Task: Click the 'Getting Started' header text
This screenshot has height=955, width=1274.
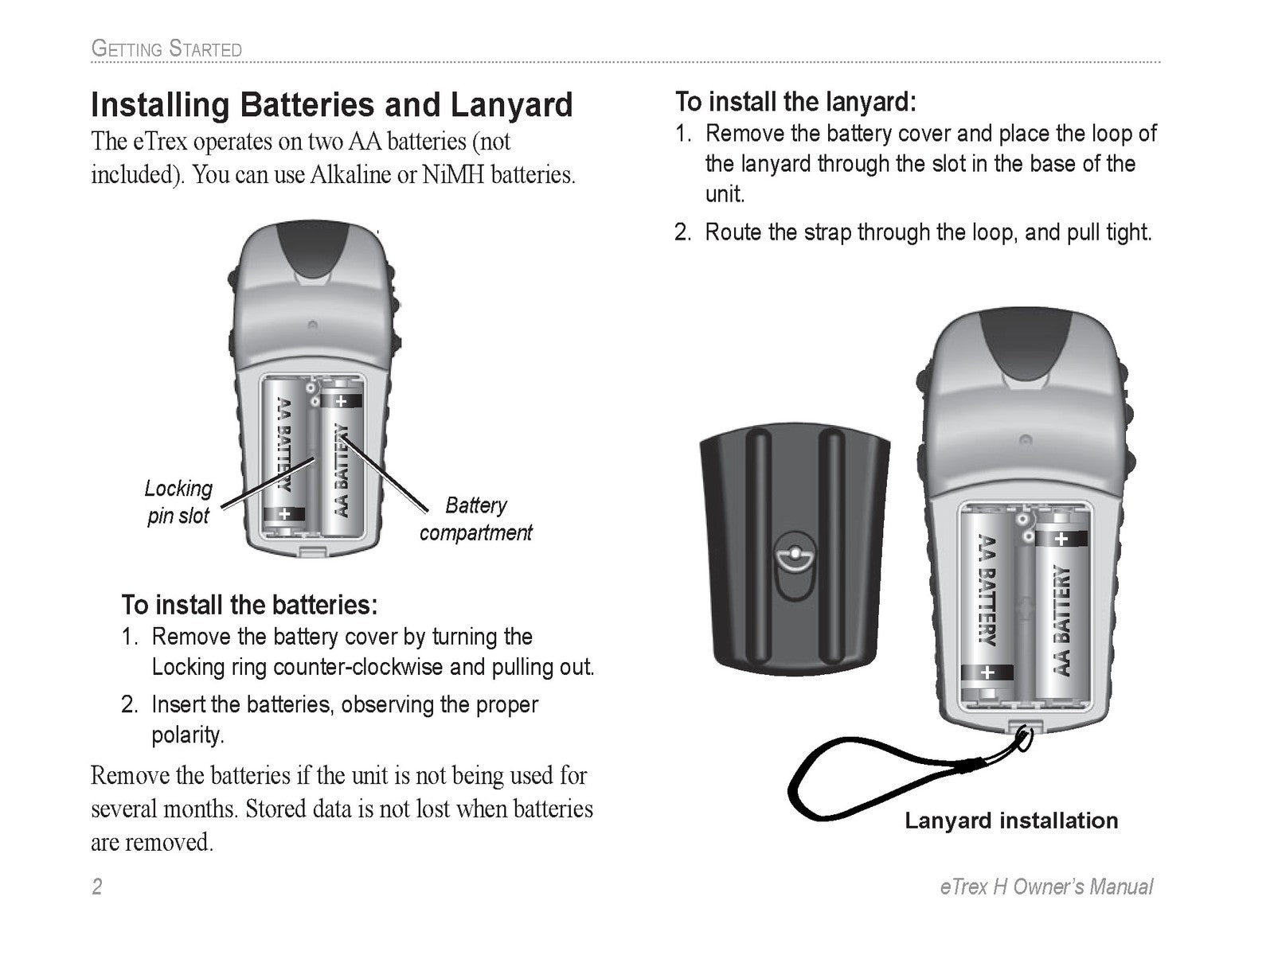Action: point(166,49)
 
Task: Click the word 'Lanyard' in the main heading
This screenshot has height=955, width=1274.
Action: point(511,105)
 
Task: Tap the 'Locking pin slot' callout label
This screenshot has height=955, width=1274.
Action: point(178,501)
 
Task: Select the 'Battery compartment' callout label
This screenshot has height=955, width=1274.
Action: point(475,519)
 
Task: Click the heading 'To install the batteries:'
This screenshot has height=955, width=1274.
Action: point(248,605)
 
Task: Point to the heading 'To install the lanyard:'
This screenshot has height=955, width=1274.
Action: point(795,102)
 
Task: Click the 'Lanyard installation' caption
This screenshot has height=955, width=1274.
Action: point(1011,821)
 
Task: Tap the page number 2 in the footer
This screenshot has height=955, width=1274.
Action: point(97,887)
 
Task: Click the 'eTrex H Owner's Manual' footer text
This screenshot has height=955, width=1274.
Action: point(1046,887)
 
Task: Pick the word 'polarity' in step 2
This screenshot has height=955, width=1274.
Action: point(187,735)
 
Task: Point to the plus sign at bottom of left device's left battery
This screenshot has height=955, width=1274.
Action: point(284,514)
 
